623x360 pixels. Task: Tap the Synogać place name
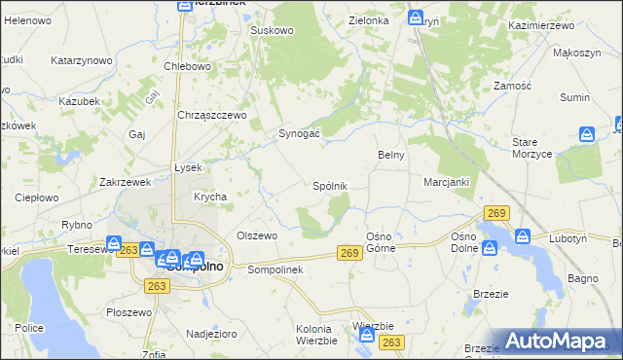(301, 133)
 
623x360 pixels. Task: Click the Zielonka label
(370, 20)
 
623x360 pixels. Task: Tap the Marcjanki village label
(447, 182)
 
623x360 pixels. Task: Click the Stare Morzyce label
(532, 148)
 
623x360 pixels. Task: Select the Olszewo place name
(258, 235)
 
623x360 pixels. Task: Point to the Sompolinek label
(277, 270)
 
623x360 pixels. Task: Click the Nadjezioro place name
(211, 334)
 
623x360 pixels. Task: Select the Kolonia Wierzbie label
(316, 335)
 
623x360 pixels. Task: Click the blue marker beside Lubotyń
(522, 236)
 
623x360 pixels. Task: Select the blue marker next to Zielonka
(416, 18)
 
